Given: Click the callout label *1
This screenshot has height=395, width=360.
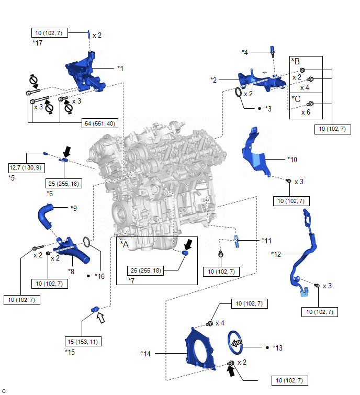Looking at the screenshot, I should [x=120, y=68].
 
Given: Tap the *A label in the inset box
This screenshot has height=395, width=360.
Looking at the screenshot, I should [x=125, y=243].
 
